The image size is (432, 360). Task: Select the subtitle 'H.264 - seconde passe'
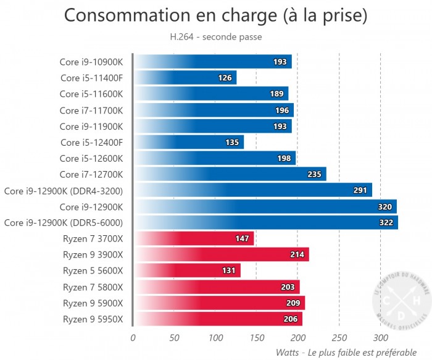click(215, 37)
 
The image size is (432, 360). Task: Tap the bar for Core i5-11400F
click(185, 78)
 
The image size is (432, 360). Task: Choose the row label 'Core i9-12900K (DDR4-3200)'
click(64, 190)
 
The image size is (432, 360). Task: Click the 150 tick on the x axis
click(257, 338)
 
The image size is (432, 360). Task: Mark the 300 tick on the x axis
click(380, 338)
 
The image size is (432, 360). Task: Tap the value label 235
click(314, 174)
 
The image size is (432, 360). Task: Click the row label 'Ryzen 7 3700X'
click(93, 238)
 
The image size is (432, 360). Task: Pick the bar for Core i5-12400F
click(189, 142)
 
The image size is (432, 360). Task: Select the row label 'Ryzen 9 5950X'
click(93, 319)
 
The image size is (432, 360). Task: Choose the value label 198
click(285, 158)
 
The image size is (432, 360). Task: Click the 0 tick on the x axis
click(133, 338)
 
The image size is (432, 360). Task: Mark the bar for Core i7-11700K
click(214, 110)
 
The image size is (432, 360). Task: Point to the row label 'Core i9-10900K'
click(91, 62)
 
